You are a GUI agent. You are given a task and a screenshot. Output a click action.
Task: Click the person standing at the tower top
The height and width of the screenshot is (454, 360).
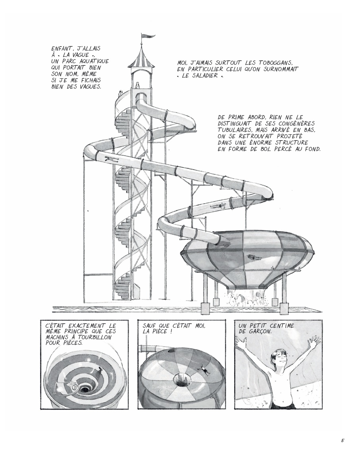[x=138, y=85]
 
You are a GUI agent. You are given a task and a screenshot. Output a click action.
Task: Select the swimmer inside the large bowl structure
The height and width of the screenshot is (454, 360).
[x=252, y=257]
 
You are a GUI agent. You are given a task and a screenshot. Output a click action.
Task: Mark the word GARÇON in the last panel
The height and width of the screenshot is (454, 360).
[x=261, y=332]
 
